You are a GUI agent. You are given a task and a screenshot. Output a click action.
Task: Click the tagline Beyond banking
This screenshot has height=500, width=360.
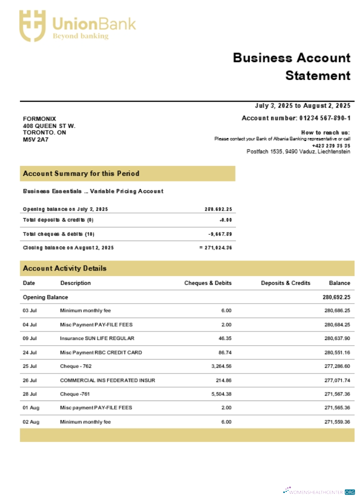(80, 36)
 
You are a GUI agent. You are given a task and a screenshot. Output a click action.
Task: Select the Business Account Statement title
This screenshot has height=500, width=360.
(291, 66)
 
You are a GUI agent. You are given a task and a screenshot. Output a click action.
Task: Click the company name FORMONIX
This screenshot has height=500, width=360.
(39, 118)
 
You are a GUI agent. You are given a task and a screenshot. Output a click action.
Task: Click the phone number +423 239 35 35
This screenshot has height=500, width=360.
(331, 145)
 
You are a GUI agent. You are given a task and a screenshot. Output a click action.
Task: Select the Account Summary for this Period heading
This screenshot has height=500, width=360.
(81, 173)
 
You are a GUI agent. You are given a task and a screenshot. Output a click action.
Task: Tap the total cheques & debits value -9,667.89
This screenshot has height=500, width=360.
(220, 234)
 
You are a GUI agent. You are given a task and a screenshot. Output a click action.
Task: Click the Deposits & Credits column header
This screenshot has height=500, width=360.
(285, 283)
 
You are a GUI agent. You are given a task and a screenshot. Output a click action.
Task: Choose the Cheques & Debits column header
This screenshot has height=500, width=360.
(207, 283)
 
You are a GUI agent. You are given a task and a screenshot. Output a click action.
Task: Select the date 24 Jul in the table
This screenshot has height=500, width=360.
(30, 352)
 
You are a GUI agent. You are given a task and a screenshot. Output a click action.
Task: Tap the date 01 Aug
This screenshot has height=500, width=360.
(31, 408)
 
